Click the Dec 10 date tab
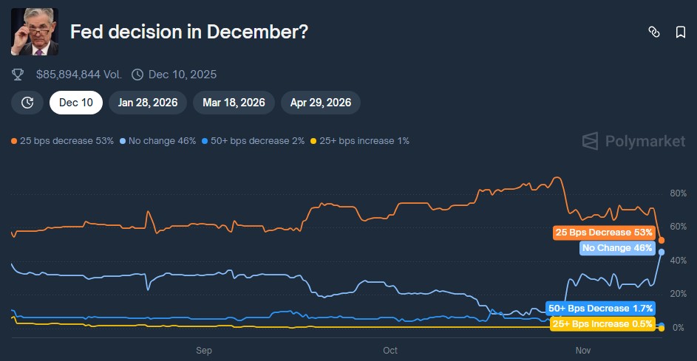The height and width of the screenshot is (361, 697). pos(76,103)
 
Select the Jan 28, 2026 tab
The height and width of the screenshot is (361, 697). pos(148,103)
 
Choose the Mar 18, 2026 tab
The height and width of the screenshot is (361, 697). pos(234,103)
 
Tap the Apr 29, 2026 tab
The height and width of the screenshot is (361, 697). pos(321,103)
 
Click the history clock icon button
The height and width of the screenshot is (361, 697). pos(27,103)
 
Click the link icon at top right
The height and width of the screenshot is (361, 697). pos(653,32)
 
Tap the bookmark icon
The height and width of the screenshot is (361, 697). pos(680,32)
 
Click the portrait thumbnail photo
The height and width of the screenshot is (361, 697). pos(35,32)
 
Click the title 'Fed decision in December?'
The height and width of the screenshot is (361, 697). pos(188,32)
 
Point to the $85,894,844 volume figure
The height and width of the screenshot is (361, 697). pos(78,75)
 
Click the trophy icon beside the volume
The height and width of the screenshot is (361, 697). pos(18,75)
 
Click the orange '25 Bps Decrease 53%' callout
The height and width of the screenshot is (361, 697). pos(604,233)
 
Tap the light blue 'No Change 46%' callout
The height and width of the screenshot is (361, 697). pos(617,248)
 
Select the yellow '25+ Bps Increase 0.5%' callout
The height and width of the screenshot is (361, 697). pos(603,323)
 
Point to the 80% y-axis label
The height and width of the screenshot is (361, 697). pos(678,194)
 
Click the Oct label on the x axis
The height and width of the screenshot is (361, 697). pos(390,351)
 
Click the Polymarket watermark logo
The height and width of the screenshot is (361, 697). pos(633,141)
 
